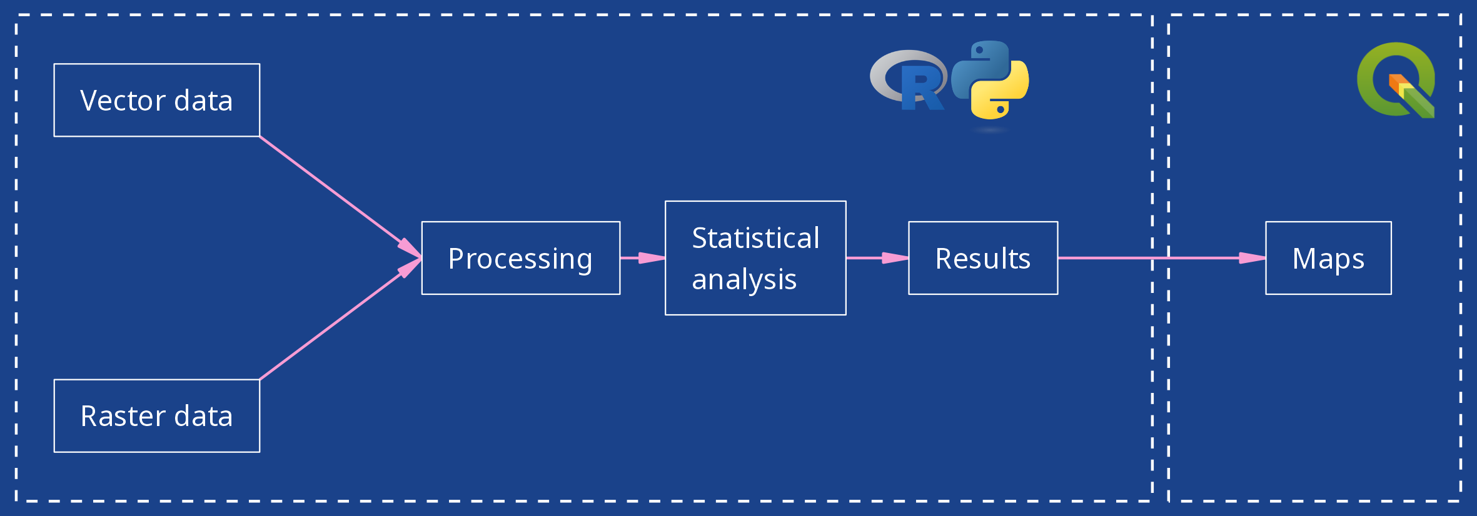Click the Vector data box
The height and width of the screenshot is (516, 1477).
(x=156, y=100)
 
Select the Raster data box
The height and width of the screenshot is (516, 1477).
(x=156, y=415)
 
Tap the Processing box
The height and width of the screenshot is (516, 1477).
(x=520, y=258)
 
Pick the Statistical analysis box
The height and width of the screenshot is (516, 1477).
(x=755, y=258)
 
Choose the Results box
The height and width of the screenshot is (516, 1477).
(x=983, y=258)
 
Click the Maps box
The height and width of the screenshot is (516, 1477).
(x=1328, y=258)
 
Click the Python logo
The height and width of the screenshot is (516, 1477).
(x=990, y=79)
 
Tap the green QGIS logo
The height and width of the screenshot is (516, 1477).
(x=1396, y=79)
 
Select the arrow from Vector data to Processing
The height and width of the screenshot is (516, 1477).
(x=338, y=194)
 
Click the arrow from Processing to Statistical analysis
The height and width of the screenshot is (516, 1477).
(x=642, y=257)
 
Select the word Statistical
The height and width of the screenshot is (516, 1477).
(x=755, y=238)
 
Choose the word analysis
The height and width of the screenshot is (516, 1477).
(x=744, y=279)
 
